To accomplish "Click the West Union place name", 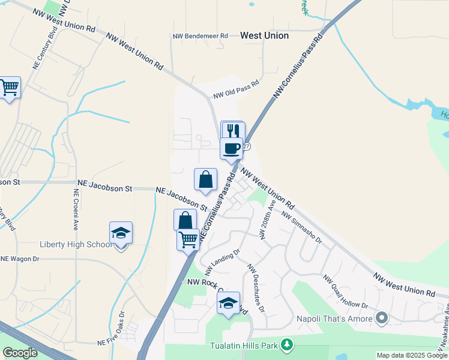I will [264, 36].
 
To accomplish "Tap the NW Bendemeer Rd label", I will [200, 36].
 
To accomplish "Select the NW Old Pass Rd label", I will [236, 89].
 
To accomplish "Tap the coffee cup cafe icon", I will [231, 148].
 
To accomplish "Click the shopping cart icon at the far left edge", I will [10, 88].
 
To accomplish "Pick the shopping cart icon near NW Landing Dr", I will [188, 239].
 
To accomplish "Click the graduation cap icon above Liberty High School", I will [121, 233].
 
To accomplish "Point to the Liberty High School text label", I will [76, 244].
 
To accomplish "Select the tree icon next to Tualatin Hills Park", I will [288, 344].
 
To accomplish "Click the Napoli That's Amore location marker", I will [381, 317].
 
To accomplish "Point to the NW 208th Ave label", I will [267, 218].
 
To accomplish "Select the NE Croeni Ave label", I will [76, 210].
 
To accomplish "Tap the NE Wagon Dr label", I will [20, 259].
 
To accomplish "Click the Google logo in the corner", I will [20, 353].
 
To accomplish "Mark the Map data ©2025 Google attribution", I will [412, 355].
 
